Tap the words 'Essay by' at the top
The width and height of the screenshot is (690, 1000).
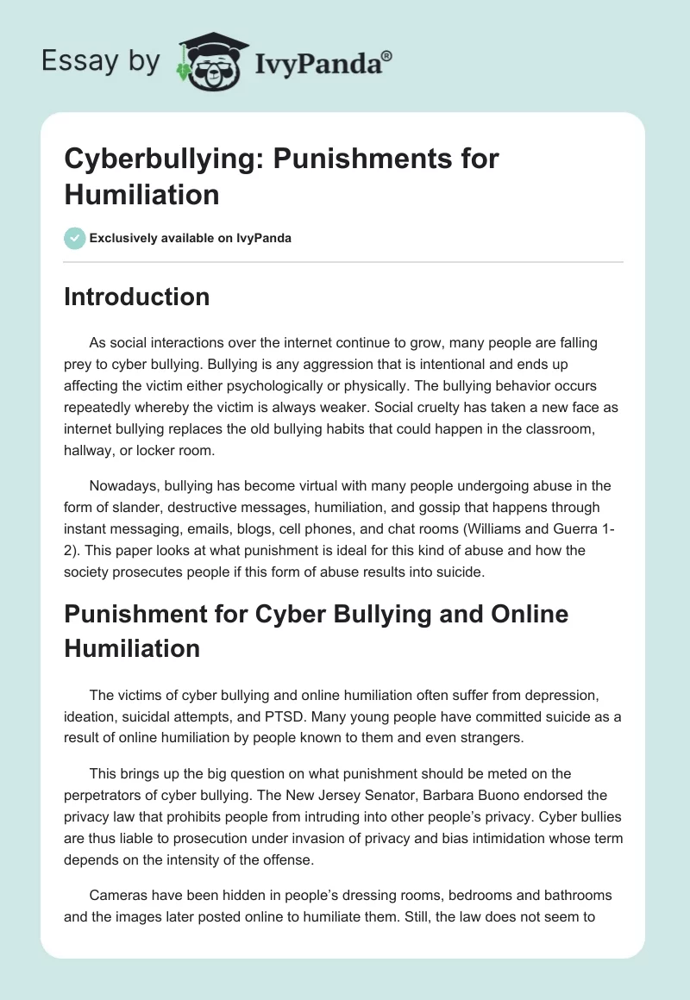[x=102, y=62]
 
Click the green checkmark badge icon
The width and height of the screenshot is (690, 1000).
[x=75, y=238]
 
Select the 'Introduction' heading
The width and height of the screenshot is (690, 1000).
[x=137, y=297]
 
